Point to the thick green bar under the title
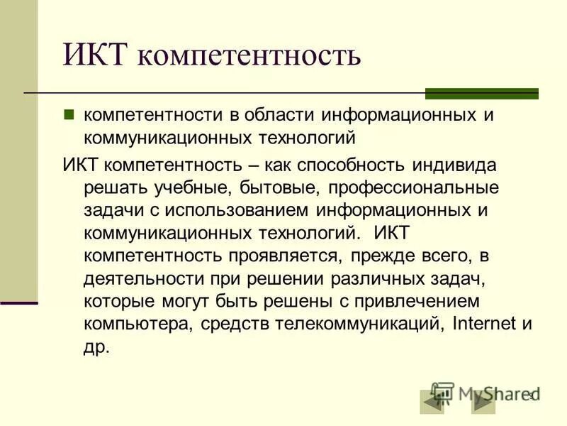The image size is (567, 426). click(481, 94)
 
